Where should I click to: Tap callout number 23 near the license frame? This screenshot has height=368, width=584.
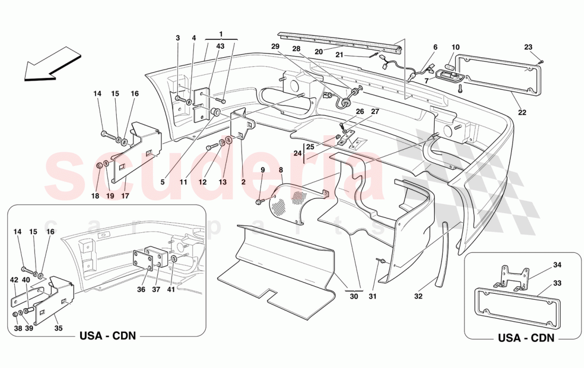[x=528, y=47]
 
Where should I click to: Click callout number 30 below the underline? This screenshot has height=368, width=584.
[x=354, y=297]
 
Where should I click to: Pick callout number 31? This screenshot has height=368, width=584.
[x=372, y=297]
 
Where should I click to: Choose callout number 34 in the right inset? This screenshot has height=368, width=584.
[x=542, y=265]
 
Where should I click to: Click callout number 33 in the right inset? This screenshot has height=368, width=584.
[x=542, y=284]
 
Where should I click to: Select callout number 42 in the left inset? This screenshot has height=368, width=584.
[x=14, y=279]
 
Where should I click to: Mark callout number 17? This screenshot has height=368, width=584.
[x=126, y=196]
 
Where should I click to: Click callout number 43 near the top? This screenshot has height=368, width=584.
[x=220, y=47]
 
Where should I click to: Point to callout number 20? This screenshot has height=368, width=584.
[x=319, y=51]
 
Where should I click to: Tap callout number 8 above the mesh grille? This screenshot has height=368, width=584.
[x=281, y=170]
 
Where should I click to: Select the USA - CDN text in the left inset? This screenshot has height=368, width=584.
[x=107, y=336]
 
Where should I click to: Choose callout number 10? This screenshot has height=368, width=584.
[x=456, y=47]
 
